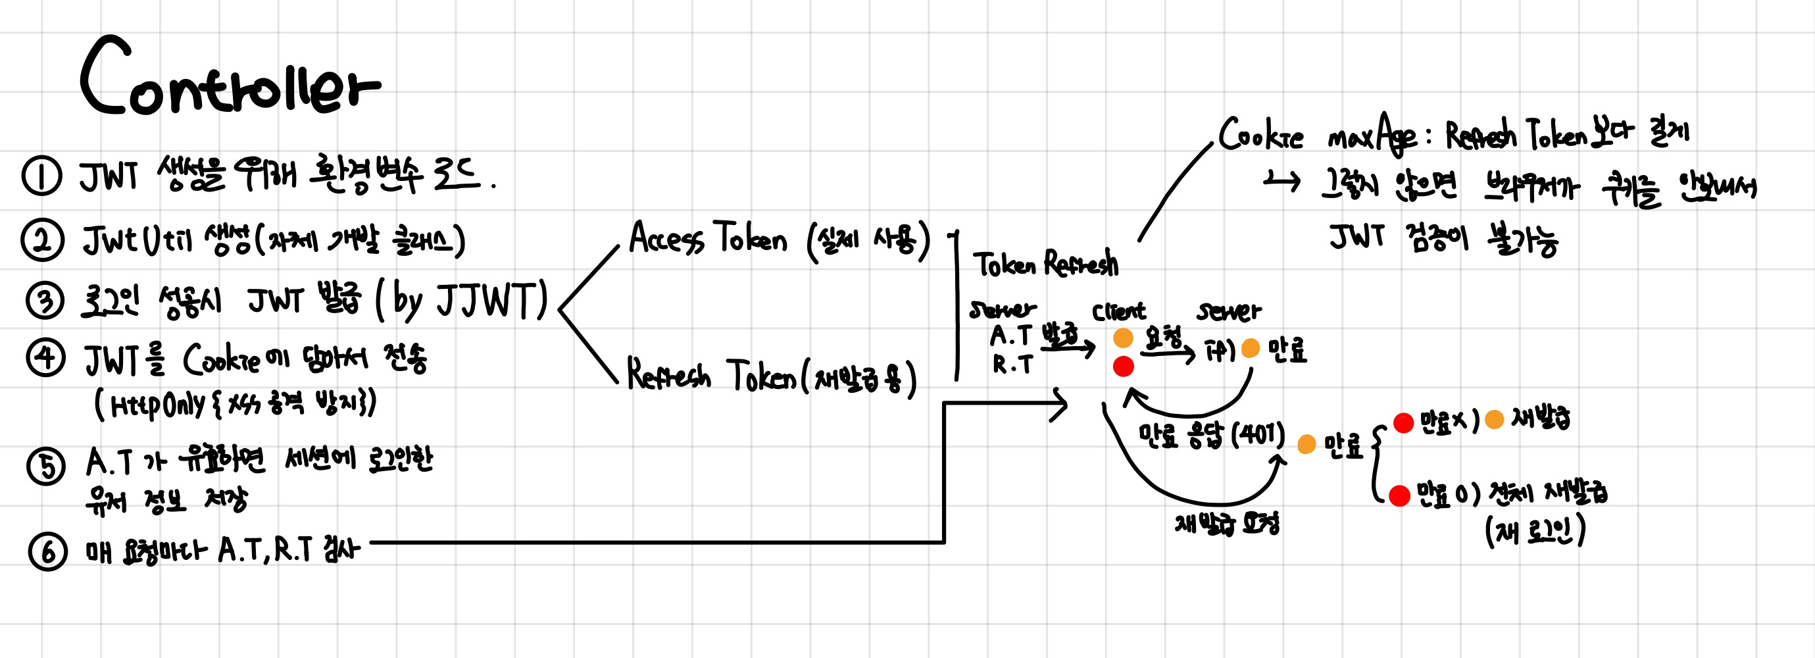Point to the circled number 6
coord(48,551)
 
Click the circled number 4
coord(46,358)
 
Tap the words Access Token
coord(707,238)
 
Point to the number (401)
coord(1258,435)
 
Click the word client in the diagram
coord(1118,311)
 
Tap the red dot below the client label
coord(1123,367)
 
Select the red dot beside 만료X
coord(1403,422)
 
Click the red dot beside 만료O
coord(1399,496)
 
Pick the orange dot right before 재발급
coord(1494,420)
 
